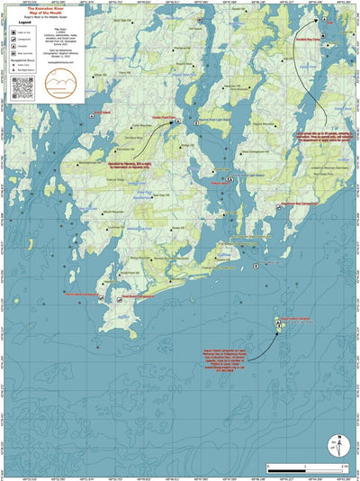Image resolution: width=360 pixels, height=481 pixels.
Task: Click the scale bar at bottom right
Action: [x=305, y=467]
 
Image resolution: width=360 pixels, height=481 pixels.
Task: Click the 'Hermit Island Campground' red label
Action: [x=81, y=295]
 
